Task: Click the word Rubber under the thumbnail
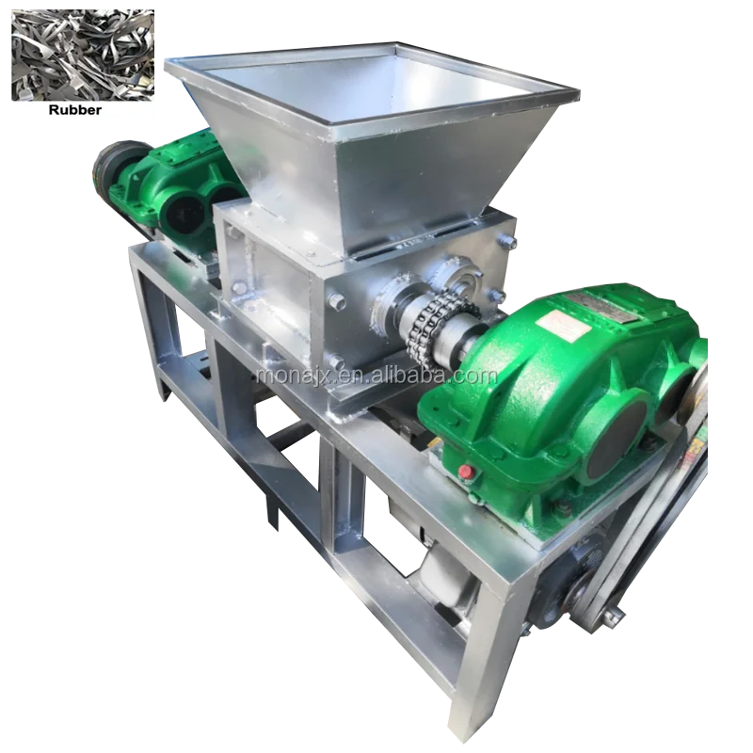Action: coord(75,110)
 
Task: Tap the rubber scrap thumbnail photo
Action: coord(83,56)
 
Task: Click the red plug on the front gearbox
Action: coord(464,471)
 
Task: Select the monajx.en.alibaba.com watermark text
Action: coord(376,375)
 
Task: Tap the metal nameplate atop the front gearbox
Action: coord(603,307)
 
